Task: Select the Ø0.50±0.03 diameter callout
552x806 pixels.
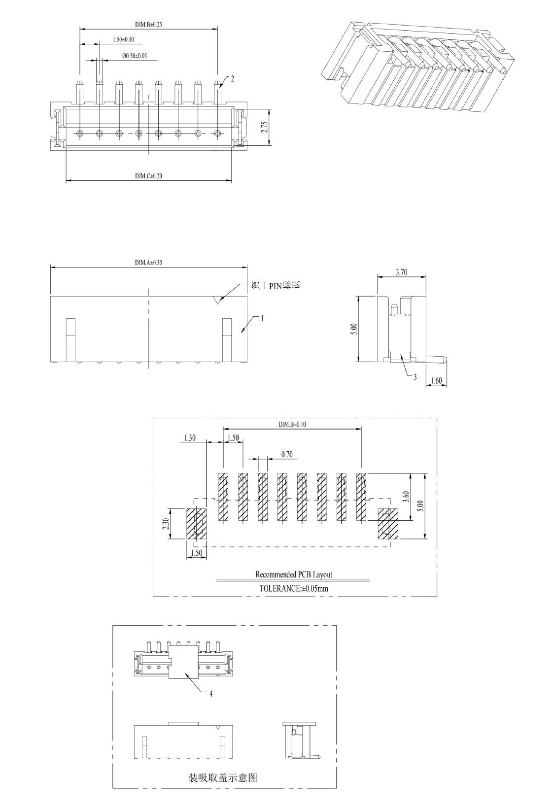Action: [135, 56]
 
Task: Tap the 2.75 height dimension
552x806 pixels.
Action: [264, 128]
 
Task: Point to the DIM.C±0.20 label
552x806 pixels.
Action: [149, 176]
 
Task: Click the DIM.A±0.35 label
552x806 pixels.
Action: [148, 262]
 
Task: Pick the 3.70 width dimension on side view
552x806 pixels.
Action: [402, 272]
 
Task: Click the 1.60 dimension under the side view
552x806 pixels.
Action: [436, 380]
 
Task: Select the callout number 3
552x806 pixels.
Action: [415, 377]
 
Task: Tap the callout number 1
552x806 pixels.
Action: [262, 318]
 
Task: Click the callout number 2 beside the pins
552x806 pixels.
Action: [233, 78]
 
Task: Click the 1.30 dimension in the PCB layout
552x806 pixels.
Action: [190, 437]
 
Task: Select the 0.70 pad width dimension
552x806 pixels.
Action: [287, 454]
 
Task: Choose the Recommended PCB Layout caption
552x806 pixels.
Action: [293, 574]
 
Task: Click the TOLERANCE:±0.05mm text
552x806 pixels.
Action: [293, 588]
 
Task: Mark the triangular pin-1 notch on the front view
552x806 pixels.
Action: [217, 300]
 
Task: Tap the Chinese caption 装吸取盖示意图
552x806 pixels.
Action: [223, 777]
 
